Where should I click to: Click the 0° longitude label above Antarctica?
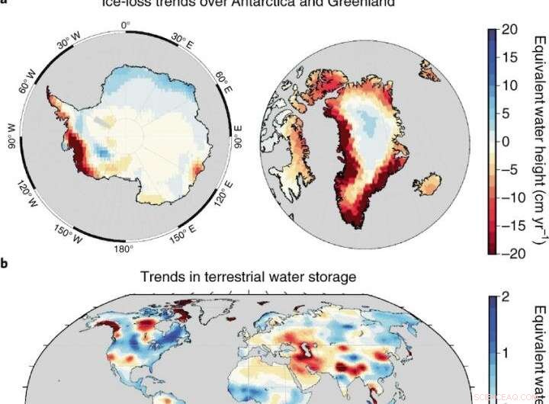point(127,25)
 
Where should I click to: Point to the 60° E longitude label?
point(222,79)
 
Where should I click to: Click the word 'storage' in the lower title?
point(332,278)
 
